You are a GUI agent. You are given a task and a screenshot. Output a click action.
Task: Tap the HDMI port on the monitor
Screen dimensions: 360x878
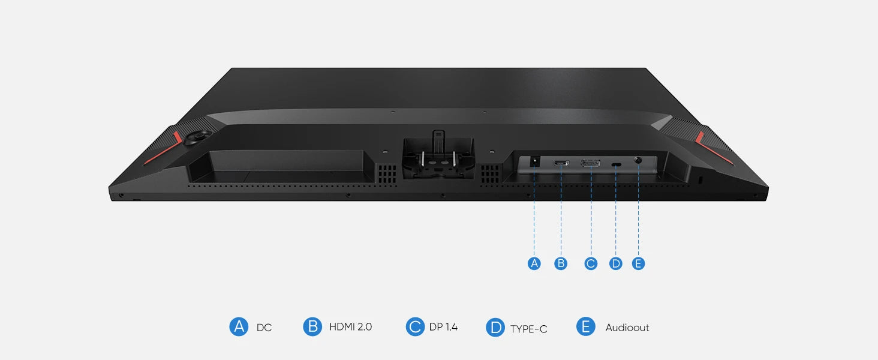[561, 163]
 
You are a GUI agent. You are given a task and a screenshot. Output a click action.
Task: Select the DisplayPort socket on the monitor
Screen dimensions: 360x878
[591, 163]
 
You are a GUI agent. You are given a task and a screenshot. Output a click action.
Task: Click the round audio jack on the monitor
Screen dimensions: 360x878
[638, 161]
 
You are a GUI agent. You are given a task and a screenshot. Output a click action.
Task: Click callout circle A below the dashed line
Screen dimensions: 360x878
[534, 263]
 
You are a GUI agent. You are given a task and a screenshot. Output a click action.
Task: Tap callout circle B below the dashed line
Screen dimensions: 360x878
[561, 263]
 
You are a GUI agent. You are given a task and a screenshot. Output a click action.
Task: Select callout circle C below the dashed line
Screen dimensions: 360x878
[591, 263]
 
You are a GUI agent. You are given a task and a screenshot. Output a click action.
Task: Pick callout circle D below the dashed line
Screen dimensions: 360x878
[616, 263]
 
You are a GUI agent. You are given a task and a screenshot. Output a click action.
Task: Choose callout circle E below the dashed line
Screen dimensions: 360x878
[639, 263]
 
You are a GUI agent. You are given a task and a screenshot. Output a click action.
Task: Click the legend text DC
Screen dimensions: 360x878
[264, 328]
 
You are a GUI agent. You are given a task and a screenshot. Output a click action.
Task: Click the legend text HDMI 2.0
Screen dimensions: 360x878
[350, 327]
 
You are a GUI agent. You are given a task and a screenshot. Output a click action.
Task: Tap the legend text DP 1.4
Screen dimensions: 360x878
[443, 327]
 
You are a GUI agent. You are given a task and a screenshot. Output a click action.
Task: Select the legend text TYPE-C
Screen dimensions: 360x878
[528, 328]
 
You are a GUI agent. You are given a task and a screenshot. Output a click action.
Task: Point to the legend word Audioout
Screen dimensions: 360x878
[627, 328]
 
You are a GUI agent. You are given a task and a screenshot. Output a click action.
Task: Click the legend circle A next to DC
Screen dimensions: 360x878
[239, 327]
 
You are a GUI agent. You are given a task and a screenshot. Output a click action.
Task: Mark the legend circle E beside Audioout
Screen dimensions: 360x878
[585, 327]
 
